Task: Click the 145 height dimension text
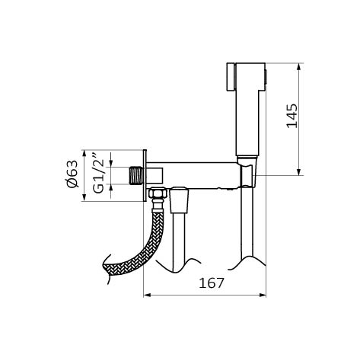pyautogui.click(x=292, y=116)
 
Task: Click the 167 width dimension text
pyautogui.click(x=212, y=283)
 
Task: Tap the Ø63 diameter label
pyautogui.click(x=72, y=174)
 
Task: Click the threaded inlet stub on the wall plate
pyautogui.click(x=136, y=175)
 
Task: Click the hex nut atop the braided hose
pyautogui.click(x=158, y=193)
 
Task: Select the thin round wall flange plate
pyautogui.click(x=145, y=176)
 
